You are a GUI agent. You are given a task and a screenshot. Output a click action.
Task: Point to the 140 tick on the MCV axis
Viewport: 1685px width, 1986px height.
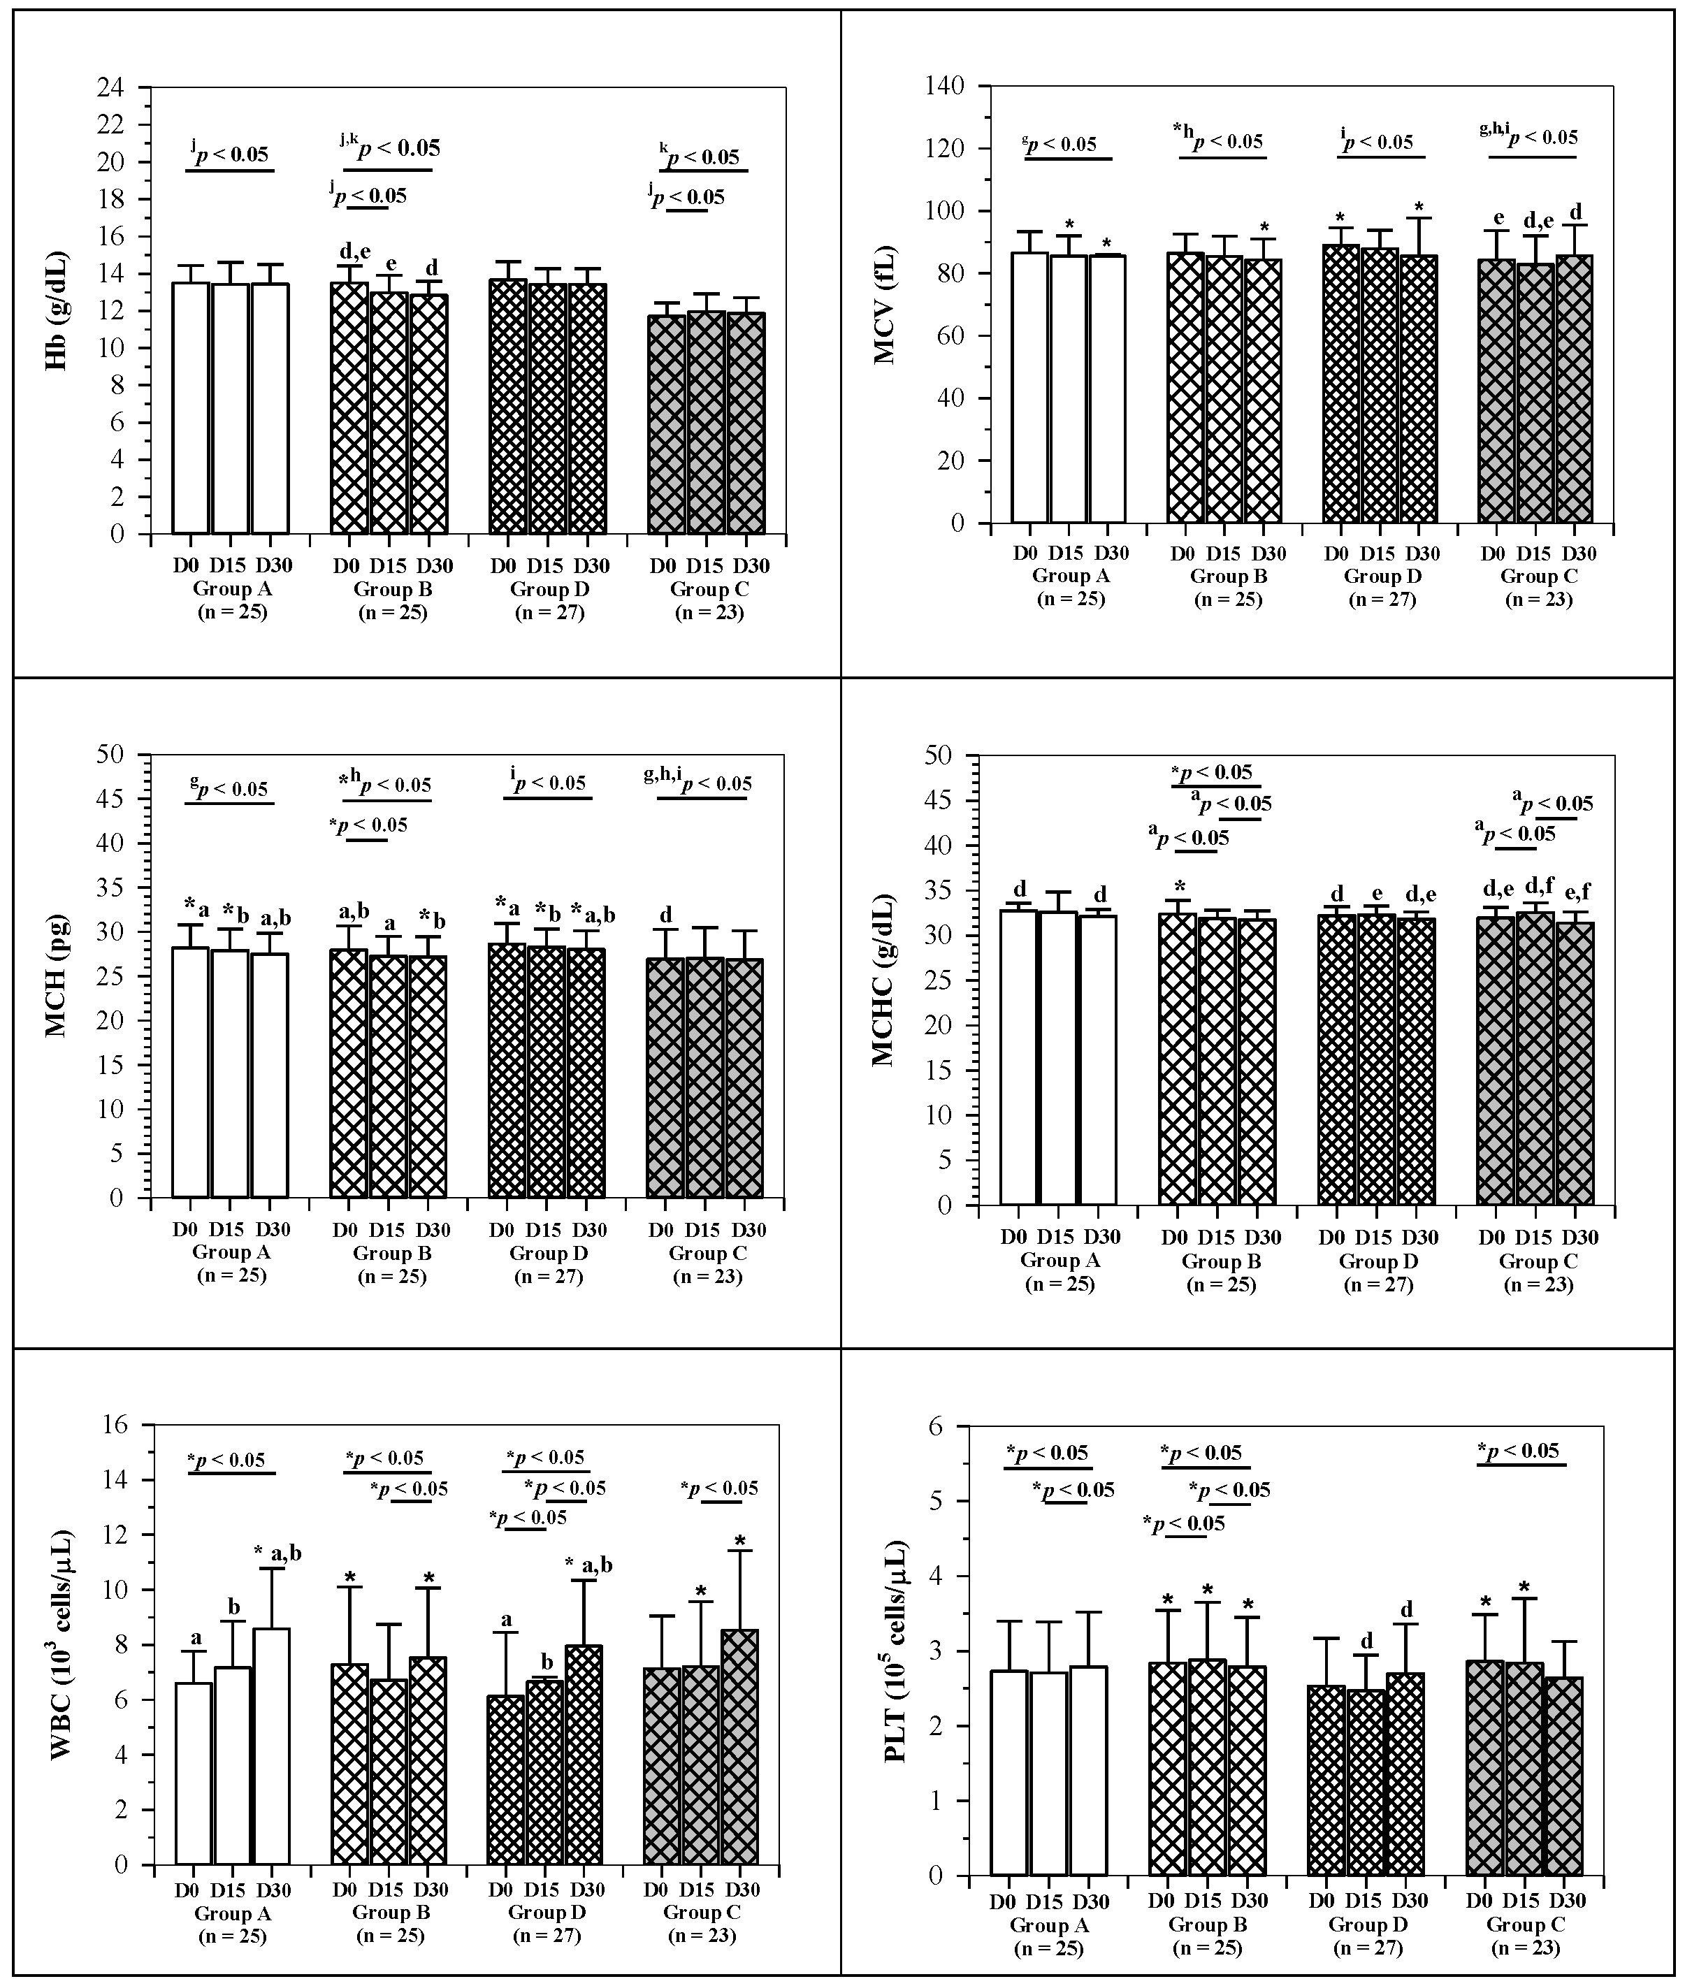971,86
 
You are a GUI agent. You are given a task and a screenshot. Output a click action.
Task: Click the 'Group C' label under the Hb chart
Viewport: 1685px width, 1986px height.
709,589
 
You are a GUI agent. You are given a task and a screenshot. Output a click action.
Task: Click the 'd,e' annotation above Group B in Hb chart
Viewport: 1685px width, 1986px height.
354,252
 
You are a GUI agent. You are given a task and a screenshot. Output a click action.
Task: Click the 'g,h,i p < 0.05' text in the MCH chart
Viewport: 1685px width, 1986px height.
697,783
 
